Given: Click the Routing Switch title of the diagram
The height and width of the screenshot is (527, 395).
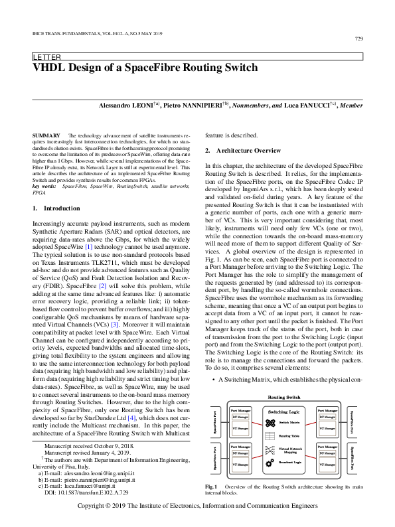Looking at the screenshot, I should [285, 378].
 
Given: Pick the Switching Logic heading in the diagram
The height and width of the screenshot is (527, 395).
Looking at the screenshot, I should [286, 394].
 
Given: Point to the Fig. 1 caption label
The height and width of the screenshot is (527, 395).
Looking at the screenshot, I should [213, 487].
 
